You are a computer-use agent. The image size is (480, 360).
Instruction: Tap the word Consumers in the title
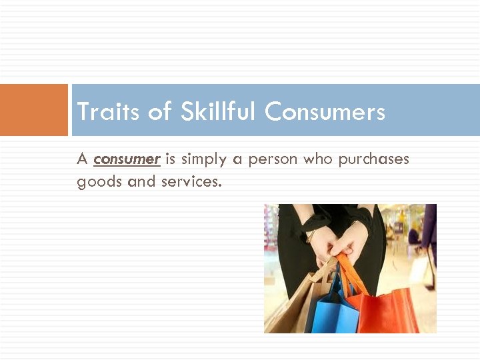click(325, 111)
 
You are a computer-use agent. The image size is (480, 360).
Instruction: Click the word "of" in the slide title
click(160, 111)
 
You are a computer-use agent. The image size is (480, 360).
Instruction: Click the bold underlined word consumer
click(127, 159)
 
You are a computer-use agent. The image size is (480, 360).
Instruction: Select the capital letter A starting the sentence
click(83, 159)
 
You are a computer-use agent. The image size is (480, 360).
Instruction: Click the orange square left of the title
click(34, 110)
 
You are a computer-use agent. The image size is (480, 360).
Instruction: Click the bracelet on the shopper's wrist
click(310, 235)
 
